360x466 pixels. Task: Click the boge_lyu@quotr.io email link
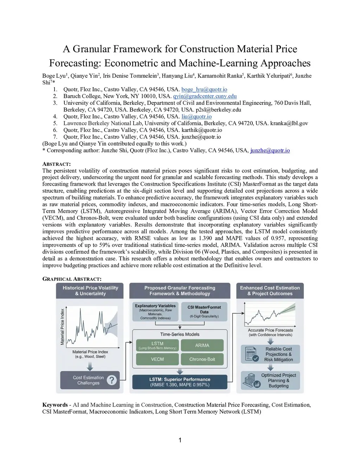coord(204,89)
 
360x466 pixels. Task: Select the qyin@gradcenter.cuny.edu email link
coord(205,96)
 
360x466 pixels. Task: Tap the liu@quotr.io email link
coord(197,116)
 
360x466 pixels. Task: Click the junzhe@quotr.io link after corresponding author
coord(270,150)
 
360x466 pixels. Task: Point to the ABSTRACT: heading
coord(56,164)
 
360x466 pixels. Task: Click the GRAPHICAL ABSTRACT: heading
coord(72,279)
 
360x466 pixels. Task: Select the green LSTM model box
coord(157,345)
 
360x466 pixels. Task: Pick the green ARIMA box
coord(202,345)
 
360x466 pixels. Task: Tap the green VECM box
coord(157,359)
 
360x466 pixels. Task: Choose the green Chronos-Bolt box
coord(202,359)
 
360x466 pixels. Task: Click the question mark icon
coord(111,380)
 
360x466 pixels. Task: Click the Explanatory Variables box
coord(155,312)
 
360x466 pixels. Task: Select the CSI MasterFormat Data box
coord(204,312)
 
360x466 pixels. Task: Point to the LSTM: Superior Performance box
coord(180,382)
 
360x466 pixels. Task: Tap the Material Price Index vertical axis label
coord(63,327)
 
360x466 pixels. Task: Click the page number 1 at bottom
coord(180,440)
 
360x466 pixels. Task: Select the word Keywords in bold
coord(55,405)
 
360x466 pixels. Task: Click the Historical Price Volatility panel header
coord(90,291)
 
